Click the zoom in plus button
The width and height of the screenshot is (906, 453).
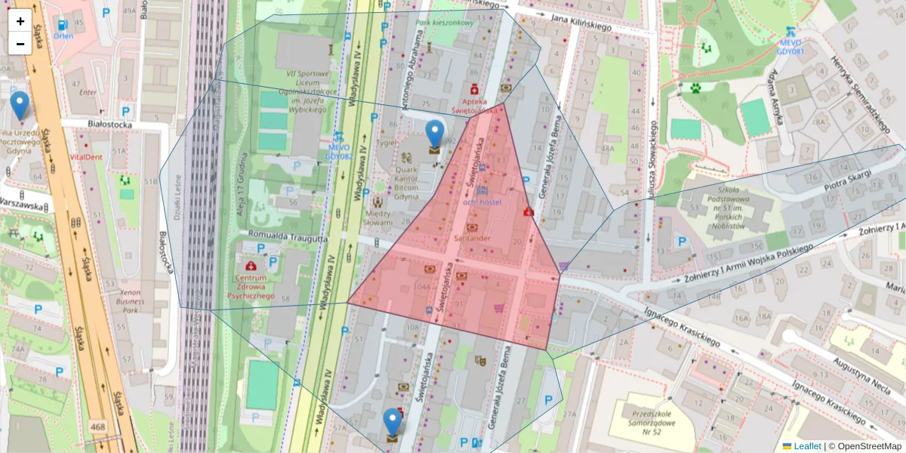(x=20, y=21)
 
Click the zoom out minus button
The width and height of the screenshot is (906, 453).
(x=20, y=43)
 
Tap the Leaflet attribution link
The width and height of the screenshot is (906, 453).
(x=807, y=446)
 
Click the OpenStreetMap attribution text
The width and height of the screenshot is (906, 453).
(x=867, y=446)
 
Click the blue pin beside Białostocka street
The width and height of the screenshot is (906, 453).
(x=19, y=105)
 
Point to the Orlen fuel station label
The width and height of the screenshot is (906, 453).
(x=63, y=35)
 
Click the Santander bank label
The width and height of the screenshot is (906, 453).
(x=473, y=238)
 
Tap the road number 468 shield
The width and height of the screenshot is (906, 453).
(x=98, y=427)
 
